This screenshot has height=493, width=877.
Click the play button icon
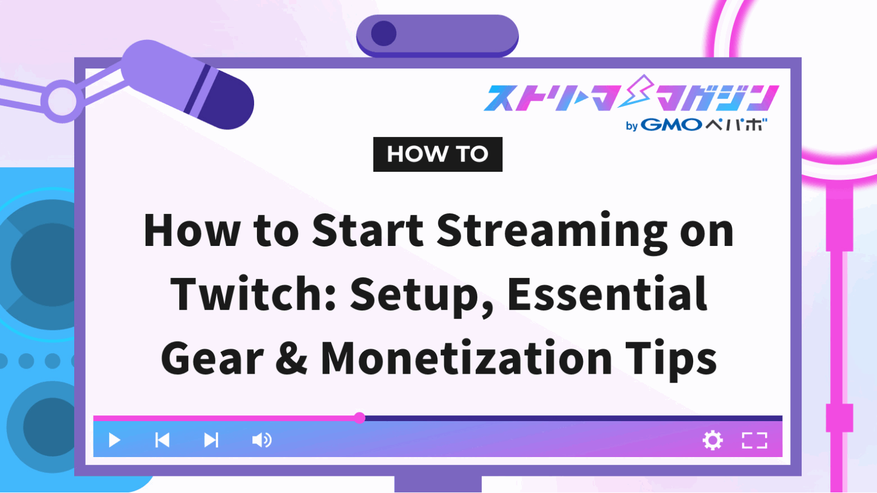point(114,440)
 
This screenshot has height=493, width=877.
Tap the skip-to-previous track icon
point(162,440)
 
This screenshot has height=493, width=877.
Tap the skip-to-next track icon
point(211,440)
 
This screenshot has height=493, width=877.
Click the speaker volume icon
point(262,440)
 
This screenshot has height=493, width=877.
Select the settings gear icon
point(713,440)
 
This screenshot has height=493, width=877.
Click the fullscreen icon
point(754,440)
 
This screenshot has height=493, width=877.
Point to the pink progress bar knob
point(359,418)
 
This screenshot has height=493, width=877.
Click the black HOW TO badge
point(437,154)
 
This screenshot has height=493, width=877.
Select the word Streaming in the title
point(552,231)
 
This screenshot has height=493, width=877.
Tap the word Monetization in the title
point(465,358)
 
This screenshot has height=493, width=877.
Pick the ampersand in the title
point(292,358)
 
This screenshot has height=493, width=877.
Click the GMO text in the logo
point(671,125)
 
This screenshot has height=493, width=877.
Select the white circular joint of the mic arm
point(62,101)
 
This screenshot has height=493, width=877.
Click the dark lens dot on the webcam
point(384,34)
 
